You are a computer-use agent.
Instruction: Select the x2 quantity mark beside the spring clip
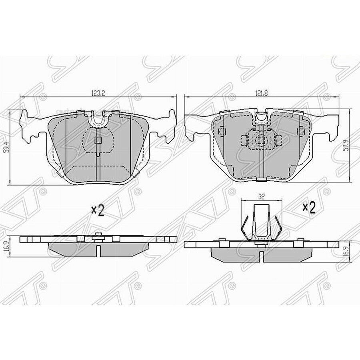click(x=308, y=207)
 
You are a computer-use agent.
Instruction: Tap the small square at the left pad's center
click(x=98, y=140)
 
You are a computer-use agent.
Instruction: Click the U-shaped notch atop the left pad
click(x=98, y=118)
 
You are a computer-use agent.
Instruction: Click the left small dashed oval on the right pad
click(x=222, y=130)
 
